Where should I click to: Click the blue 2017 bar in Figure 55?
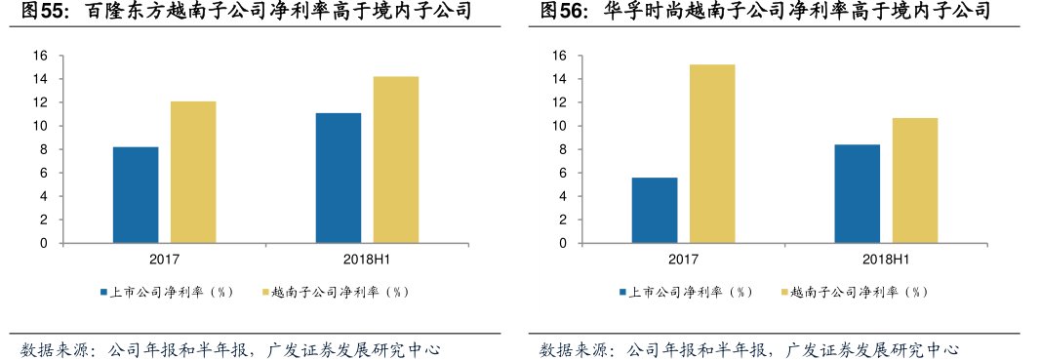pos(136,195)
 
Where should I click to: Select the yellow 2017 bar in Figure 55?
pos(193,173)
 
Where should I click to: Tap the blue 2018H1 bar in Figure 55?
pos(339,179)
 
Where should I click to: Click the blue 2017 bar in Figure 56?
pos(655,211)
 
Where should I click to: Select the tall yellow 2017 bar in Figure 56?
pos(712,154)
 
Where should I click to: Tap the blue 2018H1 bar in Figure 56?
pos(858,194)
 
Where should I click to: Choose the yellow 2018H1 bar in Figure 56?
pos(914,180)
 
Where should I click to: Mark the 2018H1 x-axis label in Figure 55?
pos(367,260)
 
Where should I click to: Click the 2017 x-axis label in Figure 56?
pos(683,260)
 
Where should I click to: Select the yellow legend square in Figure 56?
pos(782,292)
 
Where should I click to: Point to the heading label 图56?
pos(562,13)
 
